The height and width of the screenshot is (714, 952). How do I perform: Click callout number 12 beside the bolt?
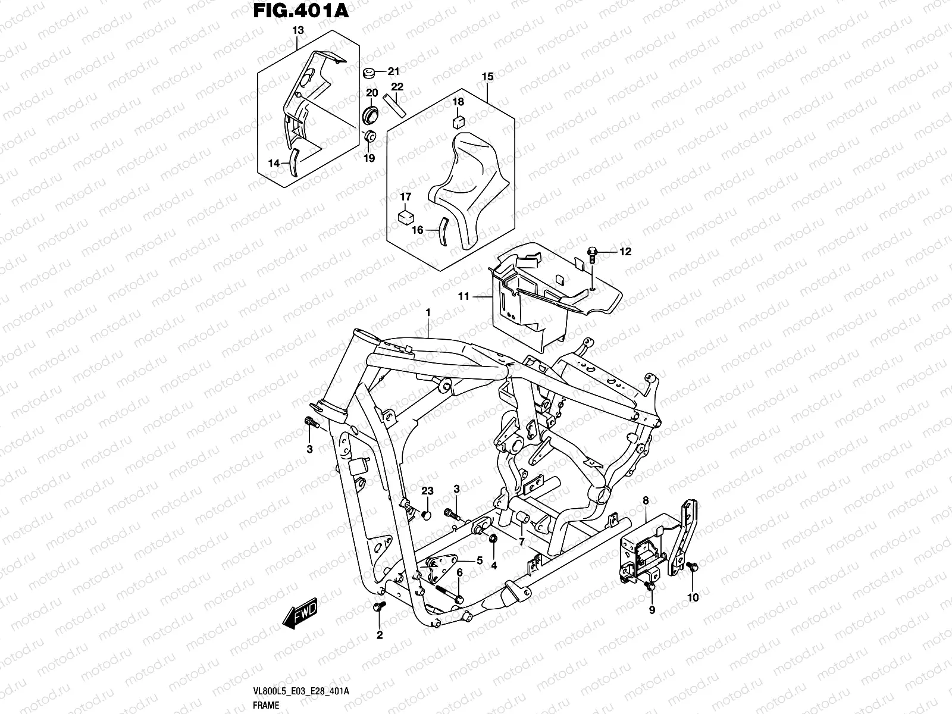point(625,252)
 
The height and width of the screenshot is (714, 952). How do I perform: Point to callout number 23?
point(428,490)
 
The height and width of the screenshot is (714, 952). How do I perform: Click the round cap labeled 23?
point(425,513)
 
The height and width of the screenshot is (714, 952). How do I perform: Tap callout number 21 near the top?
point(393,71)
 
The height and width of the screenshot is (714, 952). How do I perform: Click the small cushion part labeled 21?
point(369,73)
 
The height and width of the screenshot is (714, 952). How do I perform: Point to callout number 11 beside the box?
point(464,296)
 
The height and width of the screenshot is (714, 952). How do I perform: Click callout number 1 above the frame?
point(427,312)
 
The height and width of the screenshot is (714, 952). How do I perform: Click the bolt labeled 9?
point(651,587)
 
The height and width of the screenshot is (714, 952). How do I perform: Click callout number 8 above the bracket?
point(646,501)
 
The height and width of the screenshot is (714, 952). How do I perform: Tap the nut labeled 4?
point(493,539)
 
